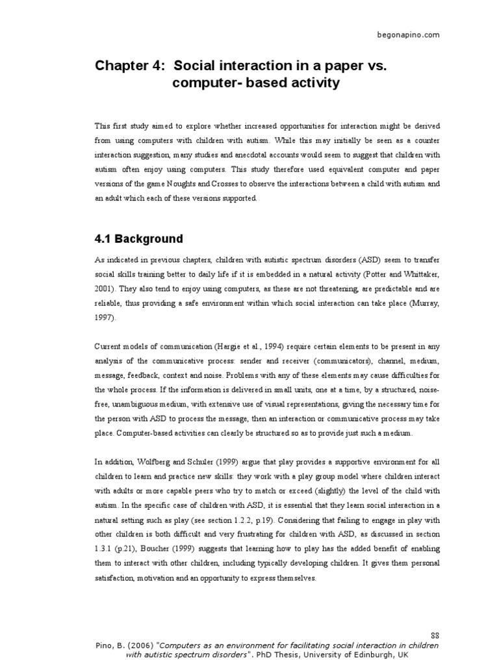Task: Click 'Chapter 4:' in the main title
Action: (x=127, y=65)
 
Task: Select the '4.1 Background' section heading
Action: (x=138, y=238)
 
